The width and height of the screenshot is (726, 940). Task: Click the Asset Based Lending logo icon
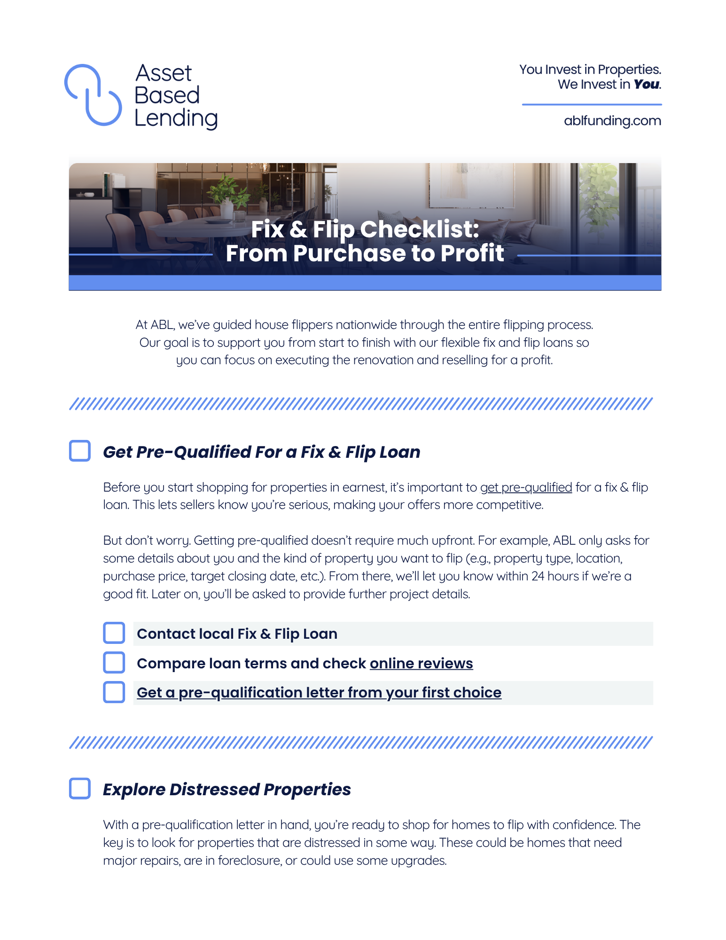(93, 95)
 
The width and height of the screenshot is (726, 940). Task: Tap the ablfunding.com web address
(612, 121)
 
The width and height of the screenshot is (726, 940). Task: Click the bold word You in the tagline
(647, 85)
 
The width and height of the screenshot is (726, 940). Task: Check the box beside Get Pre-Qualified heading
(80, 451)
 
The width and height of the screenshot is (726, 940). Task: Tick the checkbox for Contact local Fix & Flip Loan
(114, 633)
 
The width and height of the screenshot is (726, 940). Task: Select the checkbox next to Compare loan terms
(114, 662)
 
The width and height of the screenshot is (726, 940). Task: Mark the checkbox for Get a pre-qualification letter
(114, 692)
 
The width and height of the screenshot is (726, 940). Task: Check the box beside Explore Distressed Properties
(80, 788)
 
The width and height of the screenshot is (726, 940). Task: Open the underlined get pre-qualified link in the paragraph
(526, 487)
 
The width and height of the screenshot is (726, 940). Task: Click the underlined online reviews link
(421, 663)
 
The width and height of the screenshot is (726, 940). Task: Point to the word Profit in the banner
(472, 253)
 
